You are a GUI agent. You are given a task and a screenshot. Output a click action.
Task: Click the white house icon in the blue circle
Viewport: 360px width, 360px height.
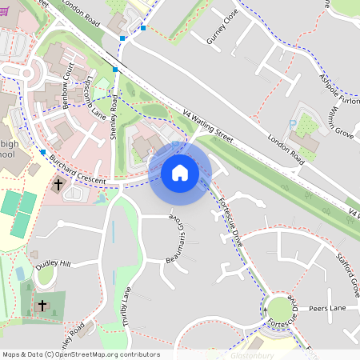(x=180, y=172)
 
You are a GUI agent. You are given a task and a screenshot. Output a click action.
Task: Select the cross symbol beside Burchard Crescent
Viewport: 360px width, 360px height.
(x=58, y=185)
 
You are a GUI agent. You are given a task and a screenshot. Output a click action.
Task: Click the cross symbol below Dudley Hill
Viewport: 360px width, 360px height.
(x=42, y=305)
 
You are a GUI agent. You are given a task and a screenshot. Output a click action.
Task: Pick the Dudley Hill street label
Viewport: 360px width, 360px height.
(x=54, y=263)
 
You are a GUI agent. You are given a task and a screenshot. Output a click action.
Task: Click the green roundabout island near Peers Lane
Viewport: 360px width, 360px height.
(x=281, y=311)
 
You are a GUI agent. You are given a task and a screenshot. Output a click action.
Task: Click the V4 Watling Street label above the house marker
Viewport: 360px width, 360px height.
(x=207, y=126)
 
